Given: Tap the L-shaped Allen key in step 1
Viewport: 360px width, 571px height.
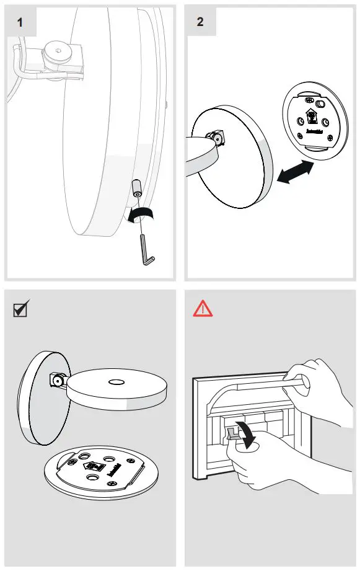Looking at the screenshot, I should point(147,248).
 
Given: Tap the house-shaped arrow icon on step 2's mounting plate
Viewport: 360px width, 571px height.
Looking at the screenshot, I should point(310,115).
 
